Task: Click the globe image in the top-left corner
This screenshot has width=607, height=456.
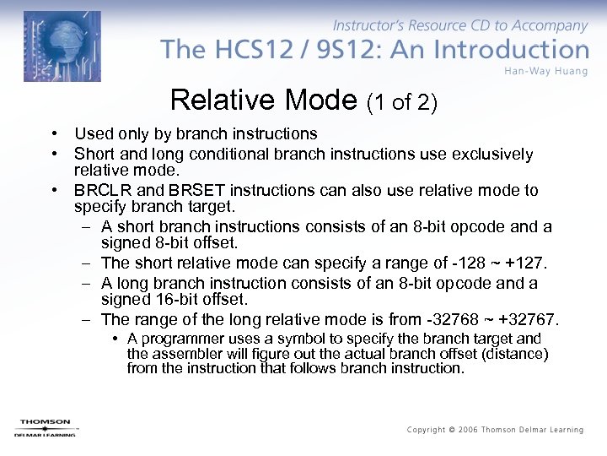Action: click(62, 46)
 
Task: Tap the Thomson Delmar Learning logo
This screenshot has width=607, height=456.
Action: click(45, 427)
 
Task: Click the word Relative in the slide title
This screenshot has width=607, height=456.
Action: click(220, 100)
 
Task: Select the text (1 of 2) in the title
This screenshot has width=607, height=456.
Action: click(402, 102)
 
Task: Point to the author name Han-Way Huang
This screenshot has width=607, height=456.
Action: click(545, 71)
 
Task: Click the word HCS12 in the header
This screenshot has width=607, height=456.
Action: click(239, 49)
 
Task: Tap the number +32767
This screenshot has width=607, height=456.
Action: click(527, 318)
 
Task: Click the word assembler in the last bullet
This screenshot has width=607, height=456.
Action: click(180, 353)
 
